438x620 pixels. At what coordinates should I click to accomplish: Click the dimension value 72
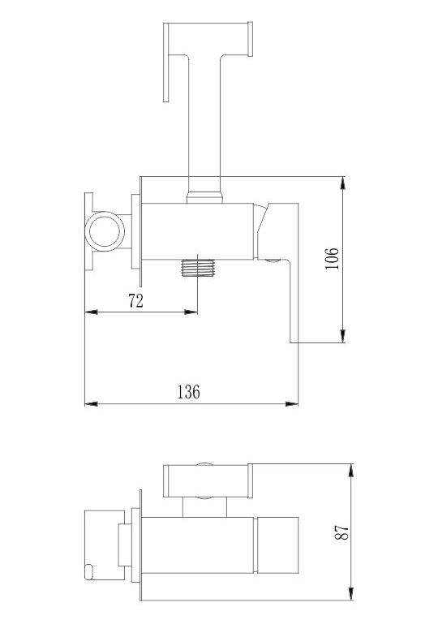[135, 301]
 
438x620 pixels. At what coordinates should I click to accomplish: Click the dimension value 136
[188, 392]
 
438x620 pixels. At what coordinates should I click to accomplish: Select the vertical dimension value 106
[332, 259]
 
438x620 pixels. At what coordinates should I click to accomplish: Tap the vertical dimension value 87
[342, 532]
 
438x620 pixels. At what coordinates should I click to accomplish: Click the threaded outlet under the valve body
[198, 268]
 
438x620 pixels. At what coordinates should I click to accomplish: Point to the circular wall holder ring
[105, 231]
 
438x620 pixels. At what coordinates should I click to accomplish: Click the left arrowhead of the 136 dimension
[92, 403]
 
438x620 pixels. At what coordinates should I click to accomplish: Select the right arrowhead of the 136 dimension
[292, 403]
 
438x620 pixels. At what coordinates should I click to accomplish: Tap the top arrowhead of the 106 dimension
[343, 183]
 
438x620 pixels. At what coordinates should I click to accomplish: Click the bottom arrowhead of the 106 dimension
[343, 336]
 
